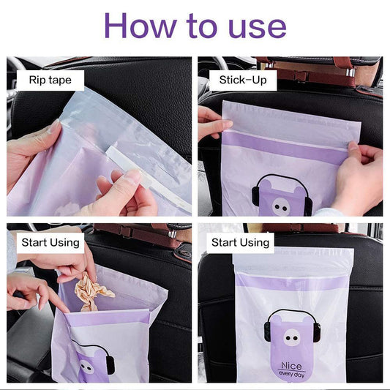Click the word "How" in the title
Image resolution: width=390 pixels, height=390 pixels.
[140, 26]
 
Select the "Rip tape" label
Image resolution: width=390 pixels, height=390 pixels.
[50, 80]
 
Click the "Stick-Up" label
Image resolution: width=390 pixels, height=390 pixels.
[243, 80]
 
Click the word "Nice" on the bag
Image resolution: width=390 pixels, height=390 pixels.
[291, 366]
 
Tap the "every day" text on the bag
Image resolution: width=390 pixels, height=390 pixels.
[291, 374]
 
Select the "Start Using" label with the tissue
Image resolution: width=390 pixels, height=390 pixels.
[50, 242]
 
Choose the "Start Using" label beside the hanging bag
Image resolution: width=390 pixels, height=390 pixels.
[240, 242]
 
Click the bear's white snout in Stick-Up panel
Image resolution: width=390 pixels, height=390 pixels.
[281, 206]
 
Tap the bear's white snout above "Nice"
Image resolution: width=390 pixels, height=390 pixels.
[291, 337]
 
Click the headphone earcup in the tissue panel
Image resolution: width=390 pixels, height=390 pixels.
[110, 365]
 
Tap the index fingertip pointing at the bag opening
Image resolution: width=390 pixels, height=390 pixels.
[65, 310]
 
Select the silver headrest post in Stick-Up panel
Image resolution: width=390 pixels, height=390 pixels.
[350, 72]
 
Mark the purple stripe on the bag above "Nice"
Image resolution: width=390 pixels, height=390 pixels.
[291, 283]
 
